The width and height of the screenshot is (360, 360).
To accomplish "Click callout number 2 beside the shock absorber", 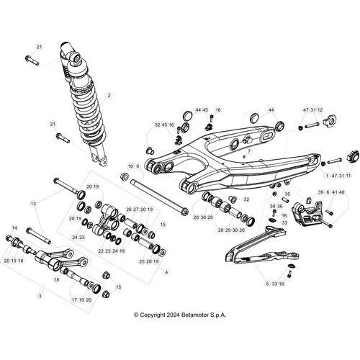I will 109,95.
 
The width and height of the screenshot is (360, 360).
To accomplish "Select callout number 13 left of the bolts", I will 32,204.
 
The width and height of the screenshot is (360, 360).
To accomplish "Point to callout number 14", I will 14,228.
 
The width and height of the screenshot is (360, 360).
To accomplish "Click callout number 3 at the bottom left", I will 40,295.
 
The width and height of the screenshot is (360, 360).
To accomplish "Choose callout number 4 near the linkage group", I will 167,272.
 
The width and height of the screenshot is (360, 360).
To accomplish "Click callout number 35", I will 287,194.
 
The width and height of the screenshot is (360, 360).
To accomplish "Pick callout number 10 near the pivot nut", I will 130,166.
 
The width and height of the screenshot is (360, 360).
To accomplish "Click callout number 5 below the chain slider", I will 266,285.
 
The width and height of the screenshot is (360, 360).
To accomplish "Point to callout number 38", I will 273,206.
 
